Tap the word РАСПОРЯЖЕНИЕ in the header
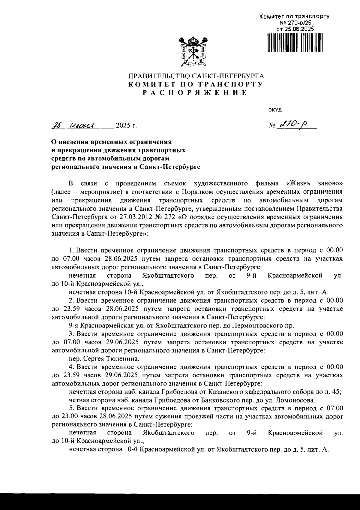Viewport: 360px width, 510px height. coord(195,93)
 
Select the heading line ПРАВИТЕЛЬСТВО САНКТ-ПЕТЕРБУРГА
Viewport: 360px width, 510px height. coord(196,76)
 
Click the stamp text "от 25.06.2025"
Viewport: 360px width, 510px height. coord(295,29)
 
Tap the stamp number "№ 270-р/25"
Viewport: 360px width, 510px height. coord(294,23)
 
